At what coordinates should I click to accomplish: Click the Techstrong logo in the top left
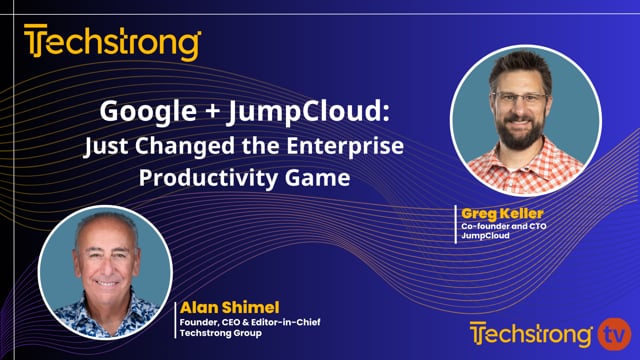click(112, 43)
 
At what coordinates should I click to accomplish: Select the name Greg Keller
click(497, 212)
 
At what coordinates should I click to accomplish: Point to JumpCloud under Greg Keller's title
click(484, 238)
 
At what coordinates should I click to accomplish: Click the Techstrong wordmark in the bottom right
click(532, 332)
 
